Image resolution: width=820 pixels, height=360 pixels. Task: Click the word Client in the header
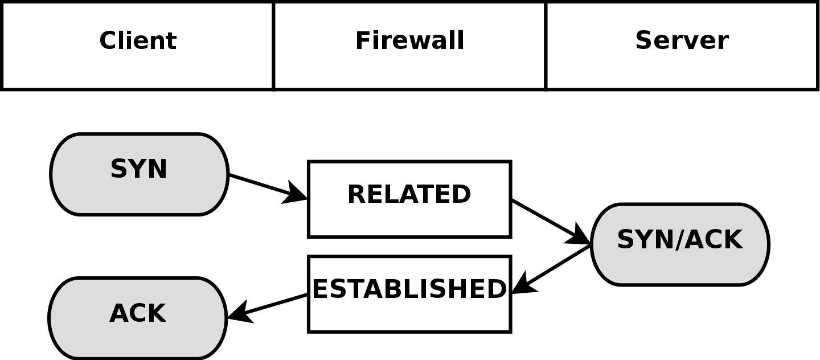138,41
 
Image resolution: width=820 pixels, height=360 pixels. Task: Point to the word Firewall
409,41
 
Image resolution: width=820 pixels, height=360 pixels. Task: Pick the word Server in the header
682,41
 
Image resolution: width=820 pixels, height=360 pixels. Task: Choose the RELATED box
409,219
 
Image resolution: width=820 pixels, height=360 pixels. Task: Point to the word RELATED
409,195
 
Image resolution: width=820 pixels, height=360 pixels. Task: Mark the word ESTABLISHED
409,289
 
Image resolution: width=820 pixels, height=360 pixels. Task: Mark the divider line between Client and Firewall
274,46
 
